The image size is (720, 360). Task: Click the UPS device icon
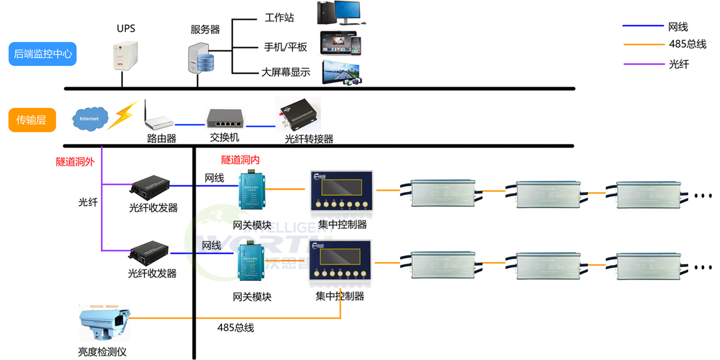[x=125, y=56]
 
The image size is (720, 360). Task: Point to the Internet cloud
[x=89, y=118]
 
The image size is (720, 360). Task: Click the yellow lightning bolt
[x=122, y=114]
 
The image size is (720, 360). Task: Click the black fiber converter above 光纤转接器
[x=298, y=114]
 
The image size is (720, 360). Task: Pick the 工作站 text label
[x=279, y=17]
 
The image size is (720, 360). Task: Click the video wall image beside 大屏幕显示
[x=341, y=71]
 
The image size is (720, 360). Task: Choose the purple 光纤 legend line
[x=642, y=64]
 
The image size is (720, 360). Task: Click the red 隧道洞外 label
[x=75, y=161]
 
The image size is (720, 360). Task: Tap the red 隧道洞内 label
[x=241, y=160]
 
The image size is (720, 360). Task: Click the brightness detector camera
[x=104, y=325]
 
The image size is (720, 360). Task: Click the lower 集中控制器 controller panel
[x=340, y=263]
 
